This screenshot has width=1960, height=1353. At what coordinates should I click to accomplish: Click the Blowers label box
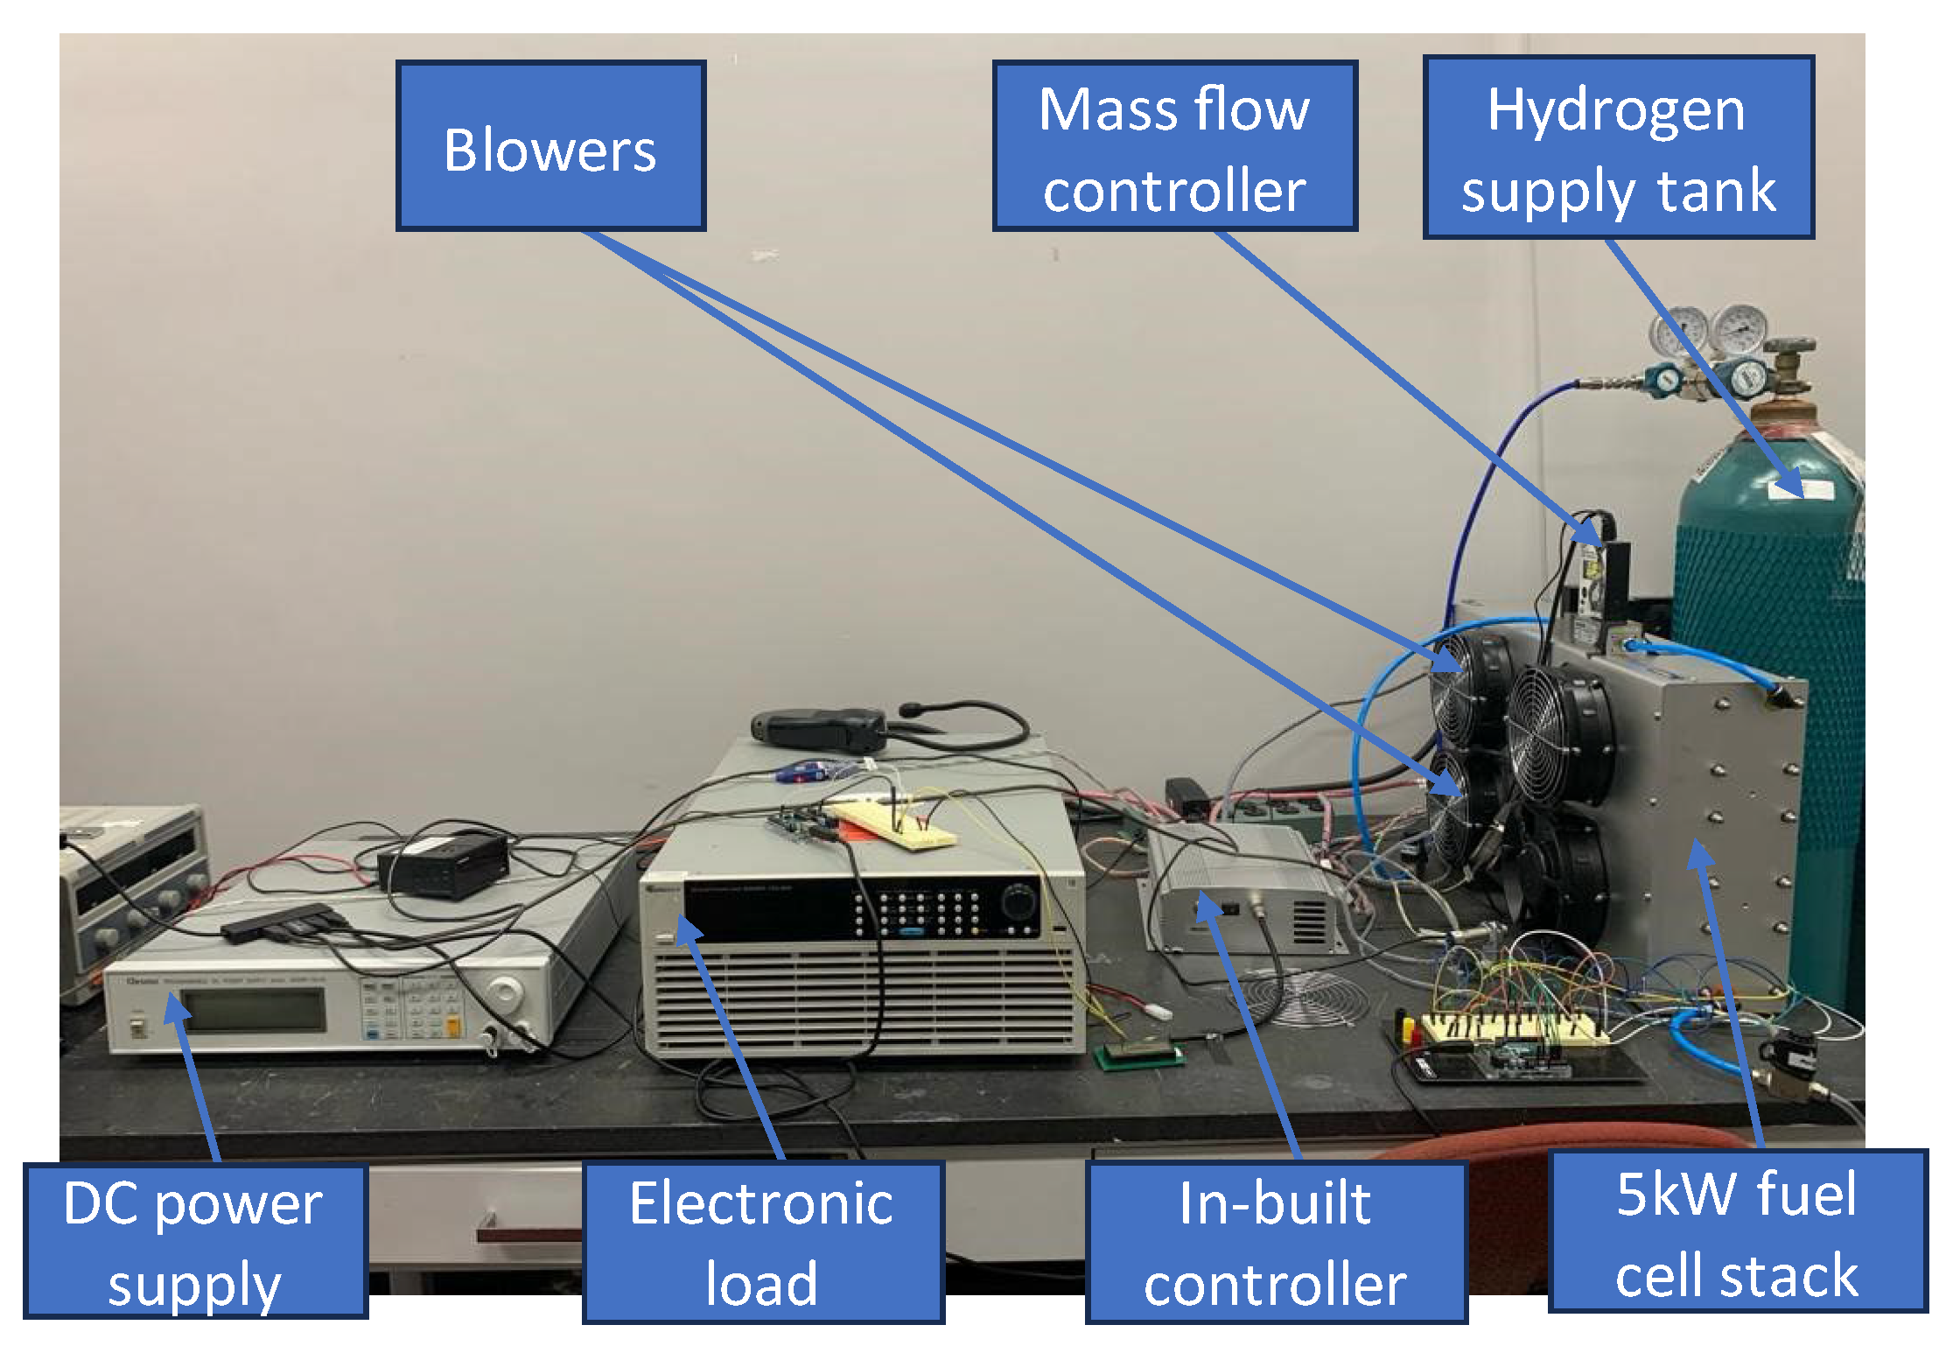[550, 146]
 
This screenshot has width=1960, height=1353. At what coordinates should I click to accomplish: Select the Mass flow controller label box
[1174, 146]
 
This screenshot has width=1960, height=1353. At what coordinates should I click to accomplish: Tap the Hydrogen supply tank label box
[1618, 148]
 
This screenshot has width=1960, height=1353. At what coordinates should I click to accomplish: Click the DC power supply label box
[194, 1240]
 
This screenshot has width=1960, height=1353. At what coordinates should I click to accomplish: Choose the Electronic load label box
[762, 1242]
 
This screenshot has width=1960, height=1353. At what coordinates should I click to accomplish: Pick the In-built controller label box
[1276, 1242]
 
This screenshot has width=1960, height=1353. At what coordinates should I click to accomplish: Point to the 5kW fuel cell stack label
[1737, 1231]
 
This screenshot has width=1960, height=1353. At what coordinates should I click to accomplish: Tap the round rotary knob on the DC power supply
[505, 992]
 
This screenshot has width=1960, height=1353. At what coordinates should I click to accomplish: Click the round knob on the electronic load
[1018, 901]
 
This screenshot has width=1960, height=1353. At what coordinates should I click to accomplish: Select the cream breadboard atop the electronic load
[893, 825]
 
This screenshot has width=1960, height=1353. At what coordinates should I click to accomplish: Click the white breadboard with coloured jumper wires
[1513, 1028]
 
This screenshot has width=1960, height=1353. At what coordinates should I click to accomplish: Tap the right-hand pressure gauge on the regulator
[1739, 329]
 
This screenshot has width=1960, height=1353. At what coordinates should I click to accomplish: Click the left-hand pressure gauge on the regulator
[1677, 331]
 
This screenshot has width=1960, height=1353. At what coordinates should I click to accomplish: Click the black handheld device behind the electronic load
[818, 729]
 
